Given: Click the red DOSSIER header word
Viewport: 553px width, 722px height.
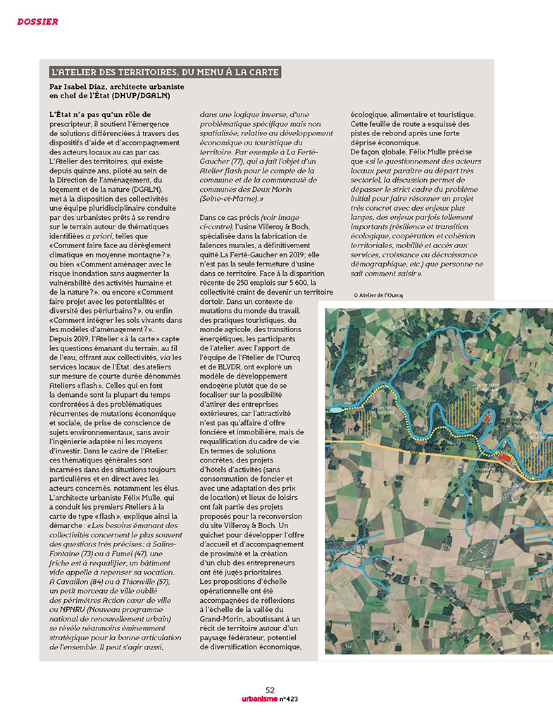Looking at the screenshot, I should tap(37, 22).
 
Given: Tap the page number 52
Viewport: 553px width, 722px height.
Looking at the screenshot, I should tap(271, 690).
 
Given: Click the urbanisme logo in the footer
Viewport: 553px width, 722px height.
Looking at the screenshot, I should tap(251, 699).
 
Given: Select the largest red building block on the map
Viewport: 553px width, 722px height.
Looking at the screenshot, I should tap(504, 458).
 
